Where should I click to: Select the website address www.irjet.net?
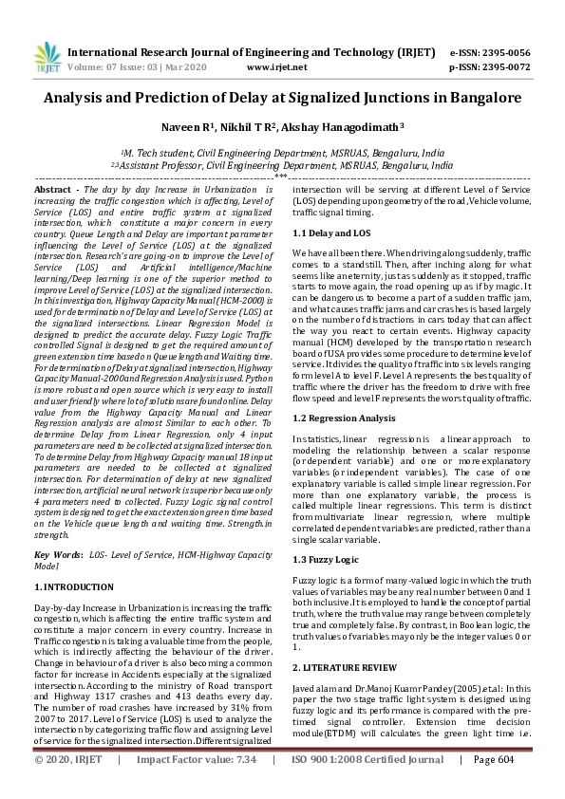click(x=274, y=68)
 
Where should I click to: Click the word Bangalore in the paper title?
click(x=475, y=98)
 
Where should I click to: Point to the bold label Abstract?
click(x=54, y=191)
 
